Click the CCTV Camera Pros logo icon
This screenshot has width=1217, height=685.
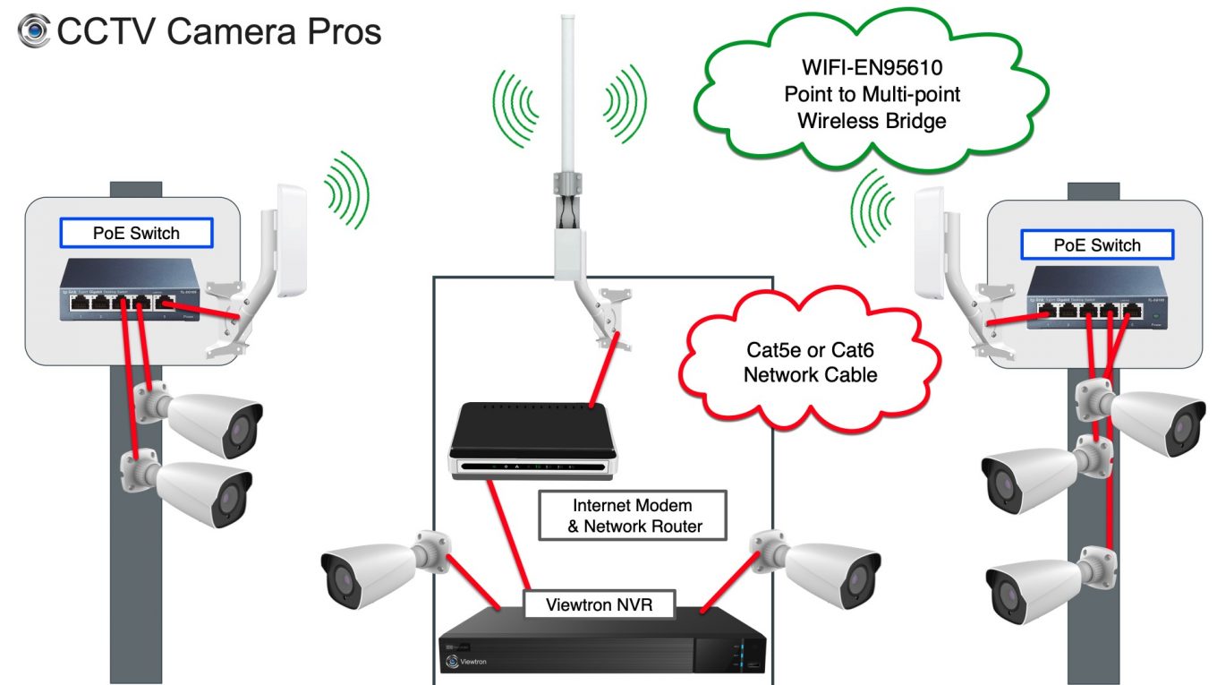(x=34, y=31)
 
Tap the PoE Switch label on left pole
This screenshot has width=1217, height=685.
(x=136, y=234)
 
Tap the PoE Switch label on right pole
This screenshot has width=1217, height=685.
(x=1097, y=245)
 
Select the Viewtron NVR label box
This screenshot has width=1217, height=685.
(x=599, y=604)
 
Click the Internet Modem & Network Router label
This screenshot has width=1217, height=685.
(x=632, y=516)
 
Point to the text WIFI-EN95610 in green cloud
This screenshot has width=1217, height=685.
(x=872, y=68)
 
